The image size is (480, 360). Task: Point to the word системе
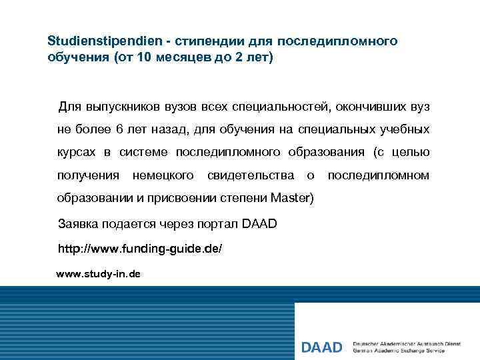tap(143, 153)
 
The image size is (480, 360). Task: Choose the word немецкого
tap(163, 175)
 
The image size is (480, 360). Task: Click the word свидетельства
tap(251, 175)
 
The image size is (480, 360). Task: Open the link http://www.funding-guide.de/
tap(141, 249)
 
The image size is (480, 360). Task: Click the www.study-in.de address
tap(98, 274)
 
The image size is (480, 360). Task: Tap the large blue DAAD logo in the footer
tap(321, 347)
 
